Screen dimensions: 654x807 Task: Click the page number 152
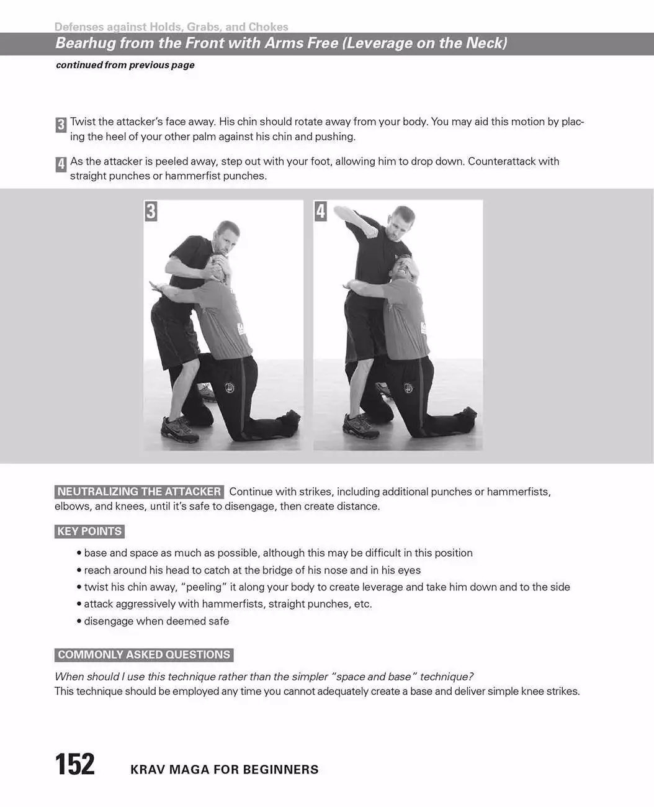pyautogui.click(x=74, y=764)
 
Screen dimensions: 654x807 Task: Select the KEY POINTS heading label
pyautogui.click(x=89, y=531)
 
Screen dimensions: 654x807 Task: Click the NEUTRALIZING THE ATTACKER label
pyautogui.click(x=139, y=492)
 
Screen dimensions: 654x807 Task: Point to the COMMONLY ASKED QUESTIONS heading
pyautogui.click(x=144, y=654)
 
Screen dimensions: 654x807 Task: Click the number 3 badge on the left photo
pyautogui.click(x=151, y=211)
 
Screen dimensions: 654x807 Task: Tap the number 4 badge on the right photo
pyautogui.click(x=320, y=211)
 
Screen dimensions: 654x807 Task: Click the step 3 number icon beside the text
pyautogui.click(x=61, y=125)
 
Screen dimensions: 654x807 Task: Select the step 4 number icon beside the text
pyautogui.click(x=61, y=165)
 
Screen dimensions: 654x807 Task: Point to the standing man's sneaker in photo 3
pyautogui.click(x=179, y=429)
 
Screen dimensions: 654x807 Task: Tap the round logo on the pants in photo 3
pyautogui.click(x=229, y=387)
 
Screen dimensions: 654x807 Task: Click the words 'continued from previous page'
pyautogui.click(x=125, y=65)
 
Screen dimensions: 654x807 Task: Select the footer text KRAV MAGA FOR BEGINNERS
pyautogui.click(x=225, y=770)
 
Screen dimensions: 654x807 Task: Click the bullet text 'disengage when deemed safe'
pyautogui.click(x=156, y=621)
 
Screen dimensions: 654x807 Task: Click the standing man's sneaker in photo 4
pyautogui.click(x=360, y=426)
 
